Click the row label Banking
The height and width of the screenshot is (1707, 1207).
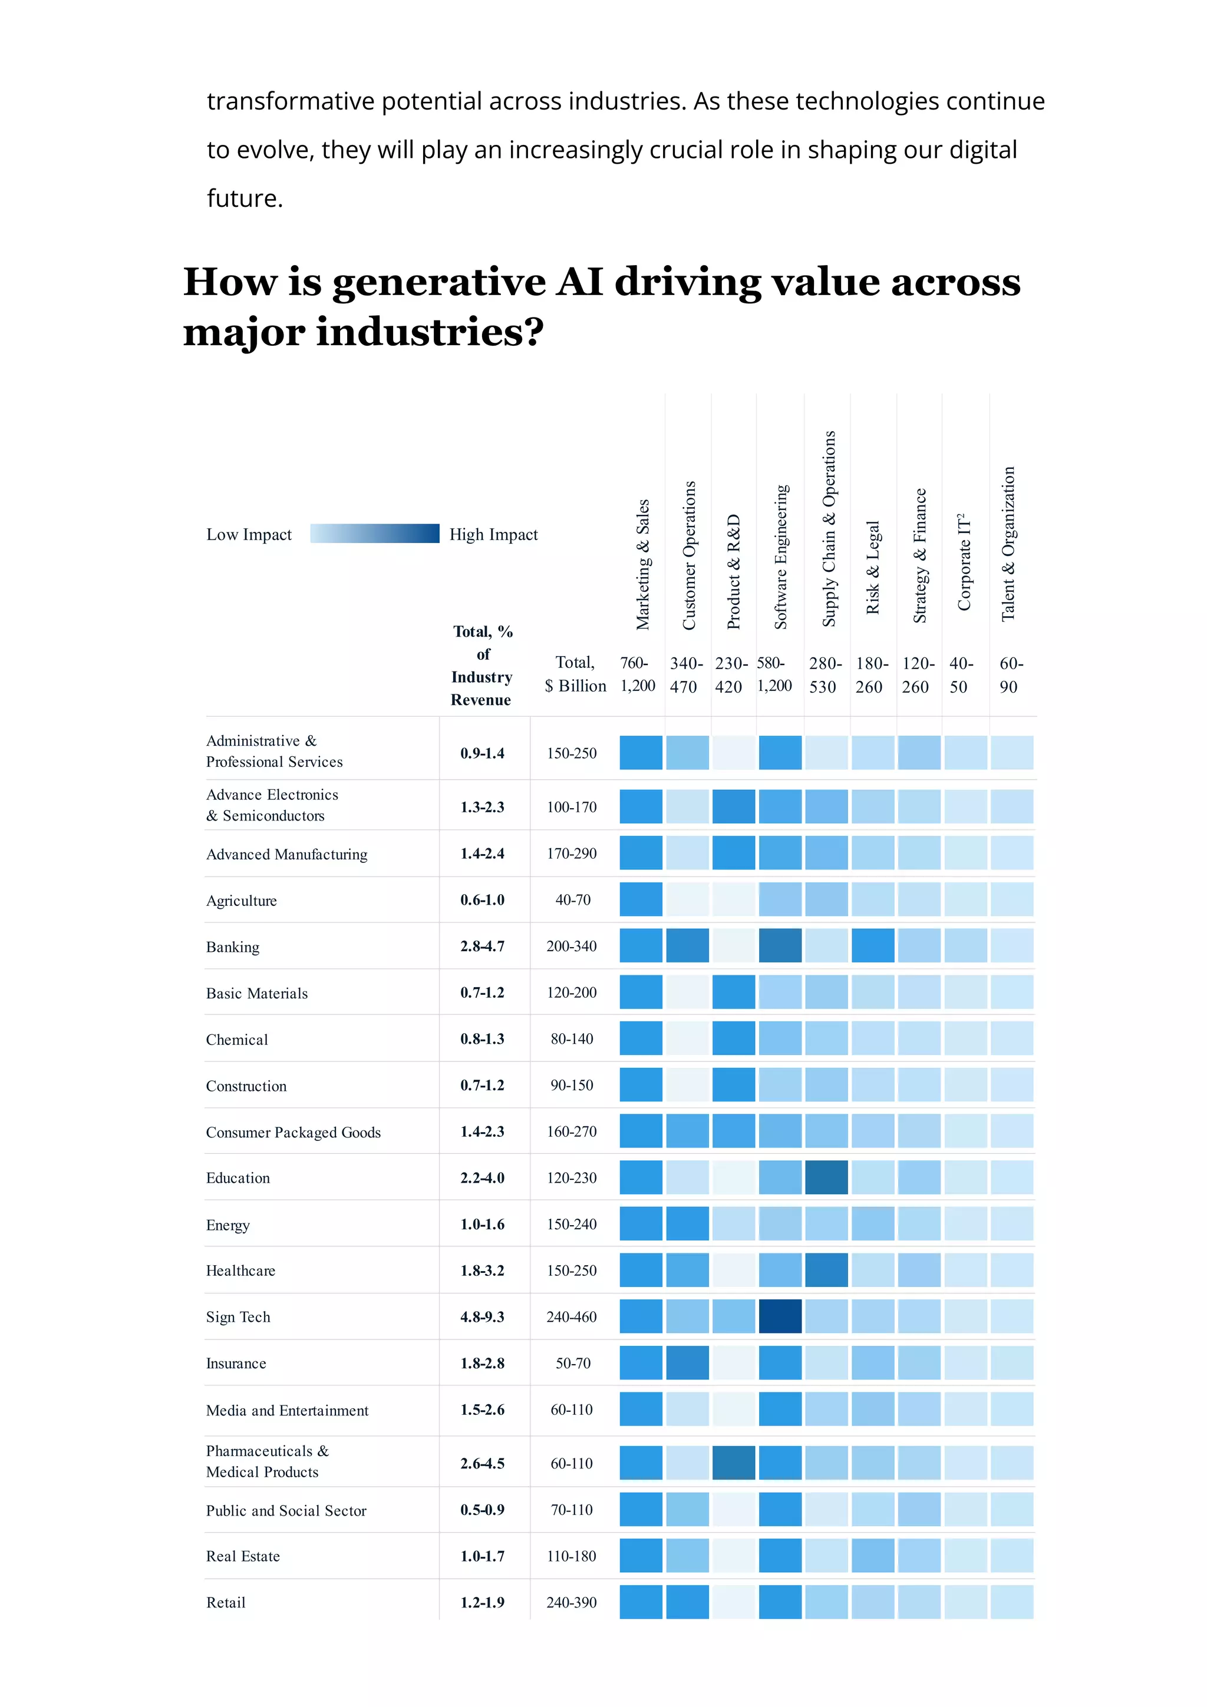click(x=233, y=947)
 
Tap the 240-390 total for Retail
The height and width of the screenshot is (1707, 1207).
click(x=571, y=1602)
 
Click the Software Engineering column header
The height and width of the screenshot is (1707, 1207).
click(x=781, y=557)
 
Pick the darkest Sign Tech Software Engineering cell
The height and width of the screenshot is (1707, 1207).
click(x=780, y=1316)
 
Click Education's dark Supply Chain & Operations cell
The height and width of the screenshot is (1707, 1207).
click(x=826, y=1177)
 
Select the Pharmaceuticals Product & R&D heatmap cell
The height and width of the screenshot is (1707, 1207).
click(x=733, y=1463)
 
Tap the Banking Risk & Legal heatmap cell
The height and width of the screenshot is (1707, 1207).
click(x=872, y=946)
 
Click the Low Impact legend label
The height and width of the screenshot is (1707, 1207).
click(x=249, y=535)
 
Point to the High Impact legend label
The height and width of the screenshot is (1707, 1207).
click(x=493, y=535)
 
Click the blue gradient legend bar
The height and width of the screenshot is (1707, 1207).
click(x=374, y=534)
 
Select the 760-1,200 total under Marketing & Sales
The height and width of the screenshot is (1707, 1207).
click(x=637, y=674)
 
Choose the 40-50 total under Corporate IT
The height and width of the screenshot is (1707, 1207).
click(x=960, y=674)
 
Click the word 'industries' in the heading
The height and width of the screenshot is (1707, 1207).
click(x=420, y=332)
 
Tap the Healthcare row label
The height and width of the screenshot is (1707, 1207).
click(x=240, y=1271)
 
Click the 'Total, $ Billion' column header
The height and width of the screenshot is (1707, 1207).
click(x=575, y=674)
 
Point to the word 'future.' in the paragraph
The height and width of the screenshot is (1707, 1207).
click(x=245, y=199)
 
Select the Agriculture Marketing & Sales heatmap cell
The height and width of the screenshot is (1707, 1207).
click(x=640, y=899)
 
